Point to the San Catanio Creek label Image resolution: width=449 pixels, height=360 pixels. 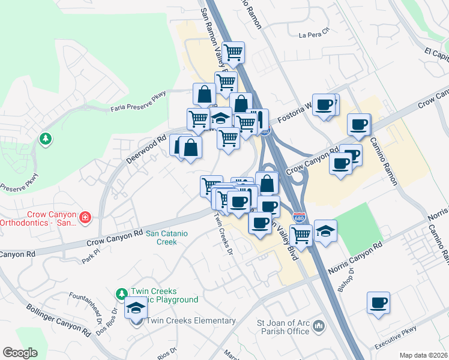[x=161, y=238]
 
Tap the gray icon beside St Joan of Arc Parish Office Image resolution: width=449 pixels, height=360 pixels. [x=319, y=326]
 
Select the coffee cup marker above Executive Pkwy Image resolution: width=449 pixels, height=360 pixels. [x=378, y=302]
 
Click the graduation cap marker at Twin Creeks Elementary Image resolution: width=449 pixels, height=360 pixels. [x=136, y=309]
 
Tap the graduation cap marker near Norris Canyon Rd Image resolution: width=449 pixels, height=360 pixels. [x=325, y=230]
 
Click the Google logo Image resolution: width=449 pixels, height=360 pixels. [x=20, y=353]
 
